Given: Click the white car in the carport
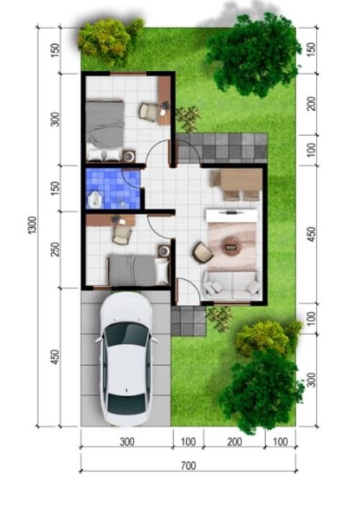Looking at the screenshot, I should coord(126,360).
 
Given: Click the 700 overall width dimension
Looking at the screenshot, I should coord(187,466).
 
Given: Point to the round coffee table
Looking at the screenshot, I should coord(232,245).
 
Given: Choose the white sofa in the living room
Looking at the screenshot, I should coord(231,286).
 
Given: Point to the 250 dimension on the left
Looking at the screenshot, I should coord(55,248).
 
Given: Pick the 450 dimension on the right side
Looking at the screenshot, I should coord(310,235).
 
